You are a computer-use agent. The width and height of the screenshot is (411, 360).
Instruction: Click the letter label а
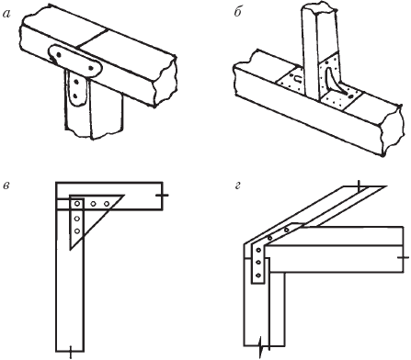pyautogui.click(x=6, y=14)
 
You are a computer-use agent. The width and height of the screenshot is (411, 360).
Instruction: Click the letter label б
pyautogui.click(x=238, y=13)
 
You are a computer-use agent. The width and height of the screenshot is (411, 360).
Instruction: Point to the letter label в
pyautogui.click(x=6, y=186)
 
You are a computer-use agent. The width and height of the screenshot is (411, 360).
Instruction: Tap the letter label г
pyautogui.click(x=238, y=186)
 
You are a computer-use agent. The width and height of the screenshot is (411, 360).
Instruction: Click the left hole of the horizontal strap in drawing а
pyautogui.click(x=59, y=54)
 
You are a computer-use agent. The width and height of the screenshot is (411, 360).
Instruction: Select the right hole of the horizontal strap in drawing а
pyautogui.click(x=91, y=68)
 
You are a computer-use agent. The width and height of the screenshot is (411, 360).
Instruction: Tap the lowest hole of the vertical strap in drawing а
pyautogui.click(x=75, y=96)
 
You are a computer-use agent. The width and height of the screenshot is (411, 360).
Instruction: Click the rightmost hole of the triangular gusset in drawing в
pyautogui.click(x=107, y=204)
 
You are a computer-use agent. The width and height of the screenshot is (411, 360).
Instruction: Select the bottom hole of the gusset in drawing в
pyautogui.click(x=77, y=231)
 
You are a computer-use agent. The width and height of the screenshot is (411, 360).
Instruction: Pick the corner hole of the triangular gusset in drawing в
pyautogui.click(x=77, y=204)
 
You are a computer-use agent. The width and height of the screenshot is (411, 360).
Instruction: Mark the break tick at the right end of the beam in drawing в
pyautogui.click(x=162, y=195)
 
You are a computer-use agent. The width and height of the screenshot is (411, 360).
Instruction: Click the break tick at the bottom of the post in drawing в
pyautogui.click(x=71, y=351)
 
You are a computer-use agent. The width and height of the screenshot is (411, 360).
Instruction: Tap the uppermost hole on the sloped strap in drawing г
pyautogui.click(x=287, y=230)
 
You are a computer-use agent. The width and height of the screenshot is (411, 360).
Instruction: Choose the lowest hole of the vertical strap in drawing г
pyautogui.click(x=258, y=276)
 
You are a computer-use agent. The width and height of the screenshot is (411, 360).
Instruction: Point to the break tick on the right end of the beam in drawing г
pyautogui.click(x=403, y=258)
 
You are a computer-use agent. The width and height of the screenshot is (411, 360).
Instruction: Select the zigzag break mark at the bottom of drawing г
pyautogui.click(x=261, y=346)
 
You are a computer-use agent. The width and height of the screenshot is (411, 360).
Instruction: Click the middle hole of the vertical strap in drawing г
pyautogui.click(x=258, y=263)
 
